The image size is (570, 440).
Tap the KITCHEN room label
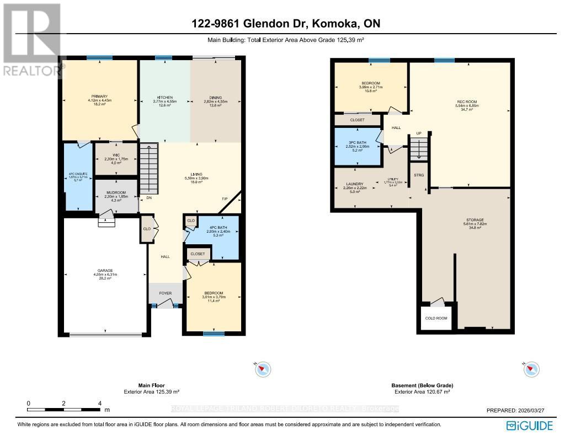coord(164,97)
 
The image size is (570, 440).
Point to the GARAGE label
coord(105,271)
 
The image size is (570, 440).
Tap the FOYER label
coord(164,293)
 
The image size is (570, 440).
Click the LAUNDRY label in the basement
coord(355,184)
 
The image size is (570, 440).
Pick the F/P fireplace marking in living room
coord(225,198)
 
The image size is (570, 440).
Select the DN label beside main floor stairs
coord(148,198)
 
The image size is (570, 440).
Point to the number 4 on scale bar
coord(99,403)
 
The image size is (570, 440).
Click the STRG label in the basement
coord(418,175)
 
